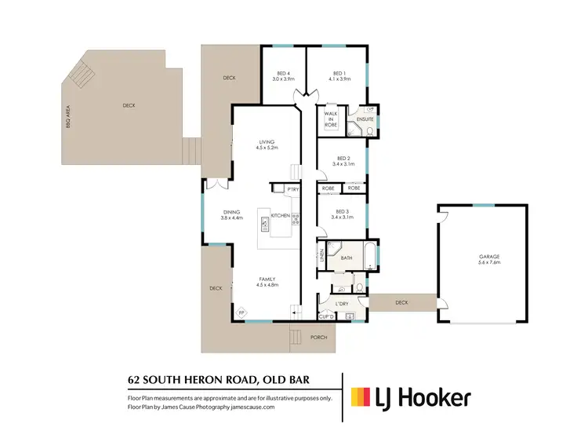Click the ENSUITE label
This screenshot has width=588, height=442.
(365, 119)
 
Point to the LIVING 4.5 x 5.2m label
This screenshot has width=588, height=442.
(267, 144)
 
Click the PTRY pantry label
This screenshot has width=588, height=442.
(293, 189)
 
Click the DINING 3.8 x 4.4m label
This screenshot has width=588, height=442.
(231, 215)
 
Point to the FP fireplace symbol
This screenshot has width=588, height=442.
(241, 312)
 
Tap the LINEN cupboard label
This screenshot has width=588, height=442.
(321, 255)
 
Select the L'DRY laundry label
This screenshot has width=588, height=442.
(341, 303)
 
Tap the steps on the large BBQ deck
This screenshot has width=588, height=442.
(79, 76)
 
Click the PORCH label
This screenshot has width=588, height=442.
(318, 338)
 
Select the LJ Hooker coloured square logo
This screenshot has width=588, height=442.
(359, 397)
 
